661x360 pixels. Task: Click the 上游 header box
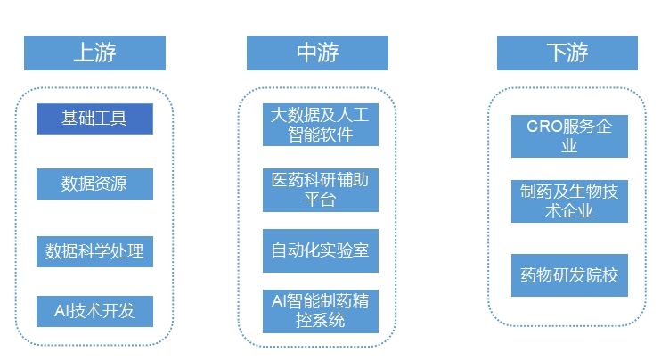pyautogui.click(x=94, y=53)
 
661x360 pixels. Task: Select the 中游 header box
pyautogui.click(x=317, y=53)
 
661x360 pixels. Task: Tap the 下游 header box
pyautogui.click(x=567, y=53)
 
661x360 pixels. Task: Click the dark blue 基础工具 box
pyautogui.click(x=94, y=119)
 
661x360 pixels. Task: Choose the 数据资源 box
pyautogui.click(x=94, y=184)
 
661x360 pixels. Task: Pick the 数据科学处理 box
pyautogui.click(x=94, y=250)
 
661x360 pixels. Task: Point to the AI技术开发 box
pyautogui.click(x=94, y=310)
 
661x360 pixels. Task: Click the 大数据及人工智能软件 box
pyautogui.click(x=320, y=125)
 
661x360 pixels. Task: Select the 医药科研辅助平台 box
pyautogui.click(x=320, y=190)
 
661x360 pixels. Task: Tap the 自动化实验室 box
pyautogui.click(x=320, y=251)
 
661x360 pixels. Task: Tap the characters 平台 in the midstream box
pyautogui.click(x=320, y=200)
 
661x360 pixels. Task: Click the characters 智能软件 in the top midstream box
pyautogui.click(x=320, y=135)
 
